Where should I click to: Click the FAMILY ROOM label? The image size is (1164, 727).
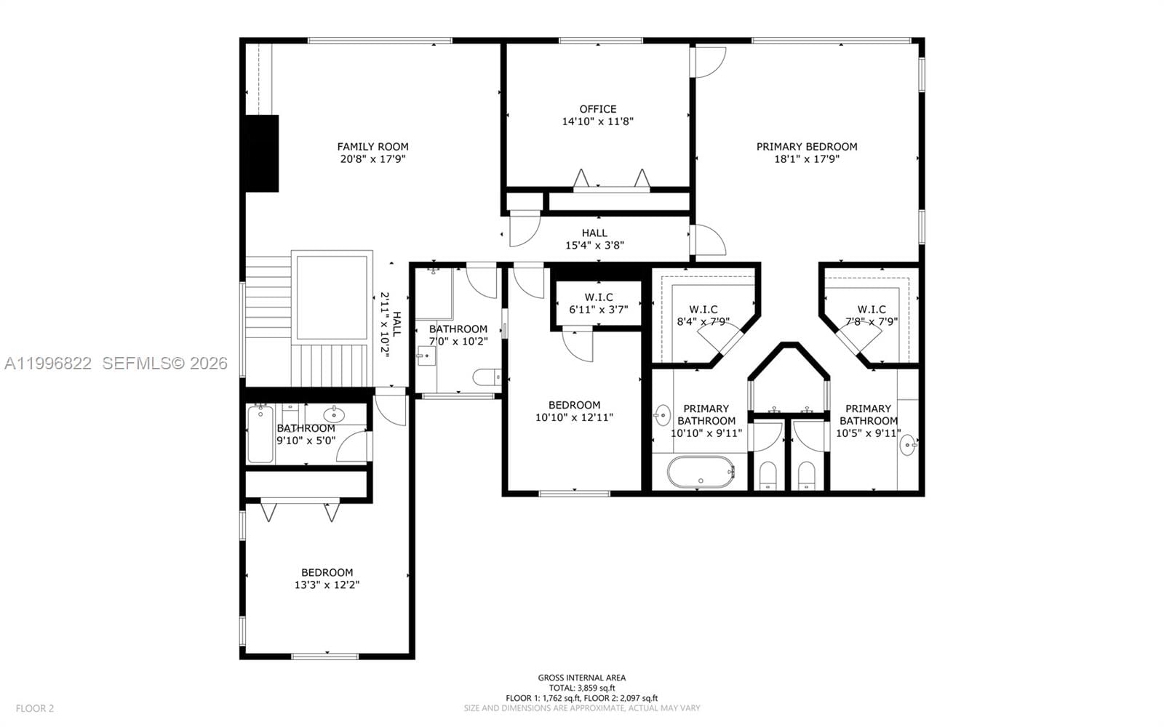point(372,147)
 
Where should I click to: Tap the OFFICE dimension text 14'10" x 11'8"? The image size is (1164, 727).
point(597,122)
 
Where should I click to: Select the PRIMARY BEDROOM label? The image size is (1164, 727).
point(807,147)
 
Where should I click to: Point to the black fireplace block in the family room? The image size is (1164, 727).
point(261,153)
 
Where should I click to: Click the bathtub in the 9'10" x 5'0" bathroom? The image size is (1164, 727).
point(260,435)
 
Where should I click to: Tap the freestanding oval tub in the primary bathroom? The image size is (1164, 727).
point(701,472)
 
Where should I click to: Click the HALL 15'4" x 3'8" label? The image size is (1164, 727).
point(594,239)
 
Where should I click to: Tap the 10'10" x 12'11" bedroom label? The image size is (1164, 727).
point(574,411)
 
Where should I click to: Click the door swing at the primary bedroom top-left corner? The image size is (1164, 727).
point(710,62)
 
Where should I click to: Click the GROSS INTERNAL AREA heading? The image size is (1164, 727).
point(581,678)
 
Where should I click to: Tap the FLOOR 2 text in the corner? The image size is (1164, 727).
point(35,708)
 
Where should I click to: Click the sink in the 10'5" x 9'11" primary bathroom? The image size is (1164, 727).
point(907,444)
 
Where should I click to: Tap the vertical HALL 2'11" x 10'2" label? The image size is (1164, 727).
point(391,324)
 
